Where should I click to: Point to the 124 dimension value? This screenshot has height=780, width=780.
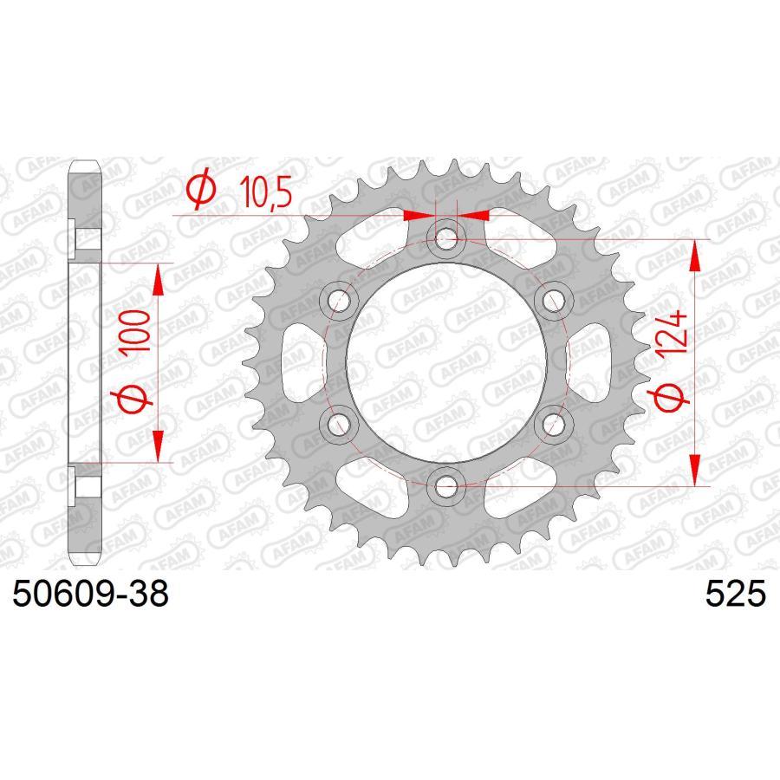(x=678, y=335)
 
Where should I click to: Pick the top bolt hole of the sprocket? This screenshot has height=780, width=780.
(x=446, y=236)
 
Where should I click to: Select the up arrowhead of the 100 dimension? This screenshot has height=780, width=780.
(x=158, y=280)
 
